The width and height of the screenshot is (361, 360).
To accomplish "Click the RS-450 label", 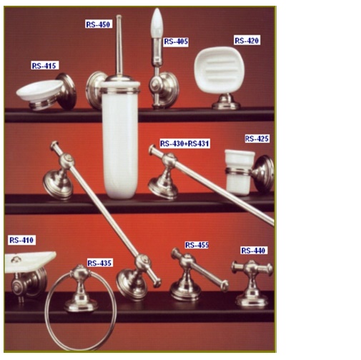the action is pyautogui.click(x=99, y=24).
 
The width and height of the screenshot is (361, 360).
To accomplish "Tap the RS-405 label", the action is pyautogui.click(x=176, y=42).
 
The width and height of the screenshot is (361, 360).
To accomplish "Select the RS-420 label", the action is pyautogui.click(x=247, y=41).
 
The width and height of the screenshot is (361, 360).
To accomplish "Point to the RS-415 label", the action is pyautogui.click(x=44, y=66).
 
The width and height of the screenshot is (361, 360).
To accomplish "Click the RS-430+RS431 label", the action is pyautogui.click(x=184, y=144).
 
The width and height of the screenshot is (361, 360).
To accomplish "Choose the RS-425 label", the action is pyautogui.click(x=257, y=139).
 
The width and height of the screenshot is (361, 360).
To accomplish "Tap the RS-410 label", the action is pyautogui.click(x=21, y=240).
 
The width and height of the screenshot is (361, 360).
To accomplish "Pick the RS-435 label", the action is pyautogui.click(x=99, y=263).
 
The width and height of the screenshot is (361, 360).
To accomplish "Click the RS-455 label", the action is pyautogui.click(x=197, y=245).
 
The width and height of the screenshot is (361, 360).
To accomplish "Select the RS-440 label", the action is pyautogui.click(x=253, y=250).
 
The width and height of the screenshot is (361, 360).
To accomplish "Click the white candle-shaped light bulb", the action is pyautogui.click(x=157, y=23).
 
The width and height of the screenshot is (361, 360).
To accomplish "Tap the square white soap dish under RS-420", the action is pyautogui.click(x=219, y=69).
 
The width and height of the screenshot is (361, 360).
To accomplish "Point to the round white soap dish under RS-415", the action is pyautogui.click(x=39, y=90).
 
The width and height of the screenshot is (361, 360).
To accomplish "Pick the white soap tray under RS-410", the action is pyautogui.click(x=29, y=262).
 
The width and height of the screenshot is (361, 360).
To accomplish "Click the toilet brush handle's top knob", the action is pyautogui.click(x=119, y=16).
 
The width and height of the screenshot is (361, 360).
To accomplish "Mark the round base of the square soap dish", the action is pyautogui.click(x=226, y=102).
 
